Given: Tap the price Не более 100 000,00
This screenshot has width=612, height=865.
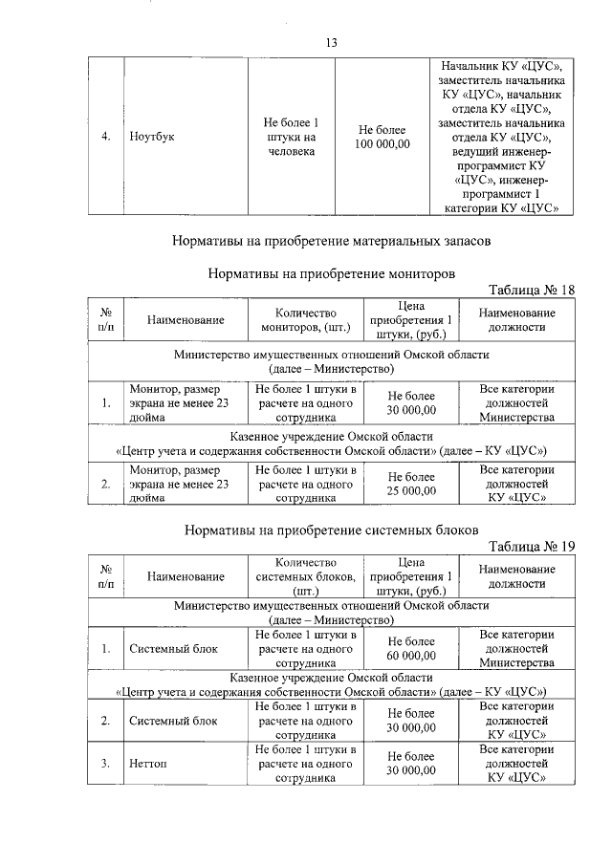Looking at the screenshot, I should pyautogui.click(x=382, y=137).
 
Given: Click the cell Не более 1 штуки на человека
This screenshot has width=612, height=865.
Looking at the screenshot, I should pyautogui.click(x=291, y=136).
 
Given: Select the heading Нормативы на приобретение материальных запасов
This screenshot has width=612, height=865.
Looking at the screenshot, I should pyautogui.click(x=331, y=241).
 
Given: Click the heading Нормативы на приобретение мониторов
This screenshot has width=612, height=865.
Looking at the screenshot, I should pyautogui.click(x=331, y=272).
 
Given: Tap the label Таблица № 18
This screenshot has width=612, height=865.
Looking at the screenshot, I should pyautogui.click(x=532, y=291).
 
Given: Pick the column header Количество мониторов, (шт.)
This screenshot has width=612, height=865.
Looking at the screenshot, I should pyautogui.click(x=306, y=320).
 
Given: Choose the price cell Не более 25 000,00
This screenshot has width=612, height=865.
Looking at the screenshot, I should pyautogui.click(x=410, y=484).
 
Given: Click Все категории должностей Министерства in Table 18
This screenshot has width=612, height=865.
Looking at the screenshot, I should pyautogui.click(x=516, y=403).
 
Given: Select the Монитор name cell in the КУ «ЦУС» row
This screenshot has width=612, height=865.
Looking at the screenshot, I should pyautogui.click(x=180, y=484).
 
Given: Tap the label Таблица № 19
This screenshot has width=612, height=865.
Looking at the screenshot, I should pyautogui.click(x=532, y=547).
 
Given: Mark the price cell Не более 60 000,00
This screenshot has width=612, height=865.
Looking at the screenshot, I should pyautogui.click(x=410, y=648).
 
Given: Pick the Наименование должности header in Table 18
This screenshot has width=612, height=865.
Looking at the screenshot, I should pyautogui.click(x=516, y=320).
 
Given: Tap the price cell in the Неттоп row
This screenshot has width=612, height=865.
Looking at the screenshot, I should pyautogui.click(x=410, y=764).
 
